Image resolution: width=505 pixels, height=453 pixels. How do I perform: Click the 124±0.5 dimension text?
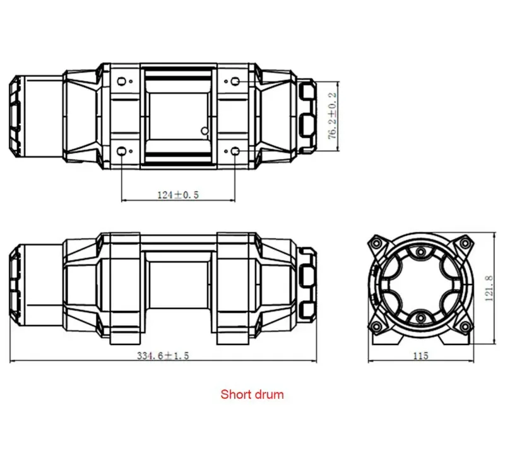pyautogui.click(x=178, y=195)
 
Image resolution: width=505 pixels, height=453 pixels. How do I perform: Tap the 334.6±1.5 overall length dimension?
pyautogui.click(x=163, y=355)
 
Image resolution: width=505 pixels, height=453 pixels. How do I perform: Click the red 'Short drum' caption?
pyautogui.click(x=252, y=395)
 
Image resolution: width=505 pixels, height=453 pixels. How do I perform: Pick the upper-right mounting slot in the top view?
pyautogui.click(x=235, y=81)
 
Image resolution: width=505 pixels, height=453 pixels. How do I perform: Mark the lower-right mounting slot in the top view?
pyautogui.click(x=235, y=151)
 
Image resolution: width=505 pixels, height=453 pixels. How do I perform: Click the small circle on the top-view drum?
pyautogui.click(x=203, y=131)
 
